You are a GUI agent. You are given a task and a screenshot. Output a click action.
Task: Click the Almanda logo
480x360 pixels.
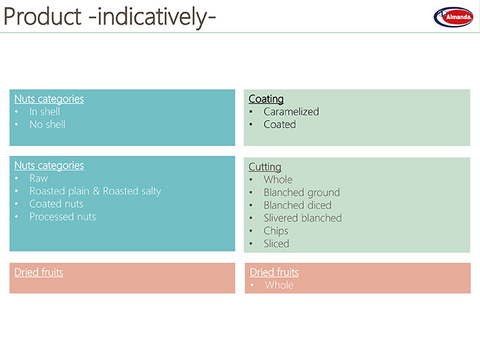tap(453, 17)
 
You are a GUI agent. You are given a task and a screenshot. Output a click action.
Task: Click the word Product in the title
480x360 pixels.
tap(43, 16)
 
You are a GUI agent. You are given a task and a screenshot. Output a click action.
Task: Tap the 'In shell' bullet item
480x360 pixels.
tap(45, 112)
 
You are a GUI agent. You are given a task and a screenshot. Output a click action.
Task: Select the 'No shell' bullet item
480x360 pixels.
tap(47, 125)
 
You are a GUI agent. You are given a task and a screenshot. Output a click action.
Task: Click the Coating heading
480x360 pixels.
tap(266, 99)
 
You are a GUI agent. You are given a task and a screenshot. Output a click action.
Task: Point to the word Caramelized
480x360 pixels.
tap(291, 112)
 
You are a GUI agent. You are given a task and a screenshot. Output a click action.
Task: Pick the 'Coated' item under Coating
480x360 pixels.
tap(280, 125)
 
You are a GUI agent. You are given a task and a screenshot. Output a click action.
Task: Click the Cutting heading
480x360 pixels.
tap(265, 167)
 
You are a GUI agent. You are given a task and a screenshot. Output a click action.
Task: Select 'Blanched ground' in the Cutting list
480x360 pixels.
tap(302, 193)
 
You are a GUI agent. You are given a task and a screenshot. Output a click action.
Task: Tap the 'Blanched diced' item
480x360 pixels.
tap(298, 205)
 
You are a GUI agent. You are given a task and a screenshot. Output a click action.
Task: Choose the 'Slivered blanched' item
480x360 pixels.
tap(303, 218)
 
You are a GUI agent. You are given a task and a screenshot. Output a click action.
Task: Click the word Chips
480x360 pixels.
tap(276, 231)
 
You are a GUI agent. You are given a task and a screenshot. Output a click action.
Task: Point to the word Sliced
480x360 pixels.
tap(276, 243)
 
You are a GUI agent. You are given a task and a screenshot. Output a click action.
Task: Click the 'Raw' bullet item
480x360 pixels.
tap(38, 178)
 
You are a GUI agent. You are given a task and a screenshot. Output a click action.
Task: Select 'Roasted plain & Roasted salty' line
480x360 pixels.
tap(95, 191)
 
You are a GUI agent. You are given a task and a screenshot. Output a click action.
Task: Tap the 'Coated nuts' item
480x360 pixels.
tap(56, 204)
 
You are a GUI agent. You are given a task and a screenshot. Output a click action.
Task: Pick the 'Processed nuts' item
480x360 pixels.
tap(63, 217)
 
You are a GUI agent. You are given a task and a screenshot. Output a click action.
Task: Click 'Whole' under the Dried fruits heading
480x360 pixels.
tap(279, 285)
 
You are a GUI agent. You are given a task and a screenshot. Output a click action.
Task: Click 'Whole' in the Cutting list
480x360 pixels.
tap(278, 180)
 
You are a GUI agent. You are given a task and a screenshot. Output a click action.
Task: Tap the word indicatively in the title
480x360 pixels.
tap(152, 17)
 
